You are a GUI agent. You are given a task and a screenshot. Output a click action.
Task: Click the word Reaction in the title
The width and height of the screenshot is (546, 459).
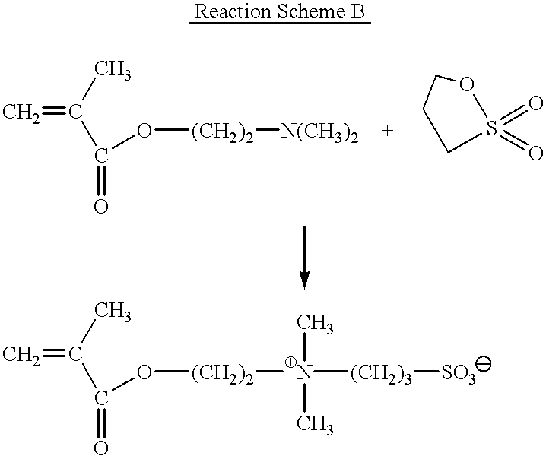(232, 11)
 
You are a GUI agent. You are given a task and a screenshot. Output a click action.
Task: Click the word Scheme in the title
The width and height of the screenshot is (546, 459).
(310, 11)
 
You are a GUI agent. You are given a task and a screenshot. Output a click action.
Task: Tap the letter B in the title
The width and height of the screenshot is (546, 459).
(356, 11)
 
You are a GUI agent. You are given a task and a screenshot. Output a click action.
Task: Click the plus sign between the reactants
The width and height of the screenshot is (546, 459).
(387, 131)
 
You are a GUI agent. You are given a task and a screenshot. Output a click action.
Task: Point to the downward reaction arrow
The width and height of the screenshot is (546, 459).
(305, 258)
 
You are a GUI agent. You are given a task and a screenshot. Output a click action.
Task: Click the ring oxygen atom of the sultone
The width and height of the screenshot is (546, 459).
(467, 84)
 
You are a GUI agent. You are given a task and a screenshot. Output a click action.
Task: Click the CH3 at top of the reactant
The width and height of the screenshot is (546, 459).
(113, 69)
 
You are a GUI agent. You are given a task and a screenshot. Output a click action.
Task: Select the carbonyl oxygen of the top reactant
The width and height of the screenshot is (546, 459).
(101, 207)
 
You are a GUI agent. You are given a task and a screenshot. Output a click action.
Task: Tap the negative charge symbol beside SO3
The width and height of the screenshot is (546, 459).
(484, 364)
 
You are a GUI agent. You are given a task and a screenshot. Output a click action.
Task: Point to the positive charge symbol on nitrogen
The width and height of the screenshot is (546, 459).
(290, 362)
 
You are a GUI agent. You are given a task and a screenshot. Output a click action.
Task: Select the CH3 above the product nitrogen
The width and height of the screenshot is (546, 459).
(315, 323)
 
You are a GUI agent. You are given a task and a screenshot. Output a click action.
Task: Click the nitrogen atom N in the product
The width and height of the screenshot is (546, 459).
(304, 373)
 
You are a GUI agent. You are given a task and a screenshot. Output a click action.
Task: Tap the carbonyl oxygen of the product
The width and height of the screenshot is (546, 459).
(101, 448)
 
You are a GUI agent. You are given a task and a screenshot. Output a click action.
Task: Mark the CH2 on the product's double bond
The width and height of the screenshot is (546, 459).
(21, 356)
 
